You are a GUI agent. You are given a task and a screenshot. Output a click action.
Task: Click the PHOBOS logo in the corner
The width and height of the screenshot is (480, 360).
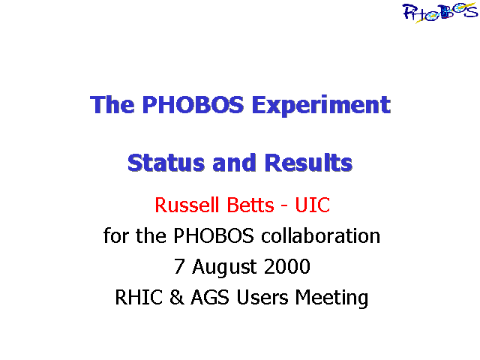coord(440,12)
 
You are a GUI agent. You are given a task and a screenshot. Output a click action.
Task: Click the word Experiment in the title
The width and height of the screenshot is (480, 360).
coord(321,105)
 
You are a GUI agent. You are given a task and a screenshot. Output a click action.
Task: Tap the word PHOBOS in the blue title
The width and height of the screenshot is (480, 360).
coord(193,104)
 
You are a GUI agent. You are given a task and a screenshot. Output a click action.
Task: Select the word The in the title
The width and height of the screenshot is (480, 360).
coord(112,104)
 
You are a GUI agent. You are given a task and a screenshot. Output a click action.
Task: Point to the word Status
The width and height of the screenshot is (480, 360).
coord(166,163)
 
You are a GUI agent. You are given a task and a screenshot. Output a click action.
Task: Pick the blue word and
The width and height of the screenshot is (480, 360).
coord(234,163)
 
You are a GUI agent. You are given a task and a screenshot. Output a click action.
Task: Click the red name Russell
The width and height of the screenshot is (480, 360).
coord(187,205)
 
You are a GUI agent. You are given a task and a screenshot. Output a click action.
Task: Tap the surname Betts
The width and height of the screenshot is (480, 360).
coord(250,205)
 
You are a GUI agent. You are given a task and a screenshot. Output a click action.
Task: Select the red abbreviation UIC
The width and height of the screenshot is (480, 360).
coord(313,205)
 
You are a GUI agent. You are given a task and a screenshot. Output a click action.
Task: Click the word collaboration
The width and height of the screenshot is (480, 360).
coord(320,235)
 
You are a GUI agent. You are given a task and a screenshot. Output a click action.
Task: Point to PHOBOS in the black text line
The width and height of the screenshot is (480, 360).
coord(214,235)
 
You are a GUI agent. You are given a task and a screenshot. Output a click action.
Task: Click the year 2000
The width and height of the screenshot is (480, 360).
coord(286,266)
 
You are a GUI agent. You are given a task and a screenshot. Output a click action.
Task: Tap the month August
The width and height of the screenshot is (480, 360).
coord(224,268)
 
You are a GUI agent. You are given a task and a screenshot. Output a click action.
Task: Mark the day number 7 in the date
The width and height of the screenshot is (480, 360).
coord(179,266)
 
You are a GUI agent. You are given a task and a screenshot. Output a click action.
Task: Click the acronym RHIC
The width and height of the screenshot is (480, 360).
coord(139,297)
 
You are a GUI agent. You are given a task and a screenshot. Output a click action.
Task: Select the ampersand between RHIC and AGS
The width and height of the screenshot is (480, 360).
coord(177,297)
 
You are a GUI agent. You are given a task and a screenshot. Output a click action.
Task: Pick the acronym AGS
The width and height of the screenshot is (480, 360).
coord(210,297)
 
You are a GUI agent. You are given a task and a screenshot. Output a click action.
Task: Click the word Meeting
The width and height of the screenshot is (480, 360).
coord(331,298)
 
